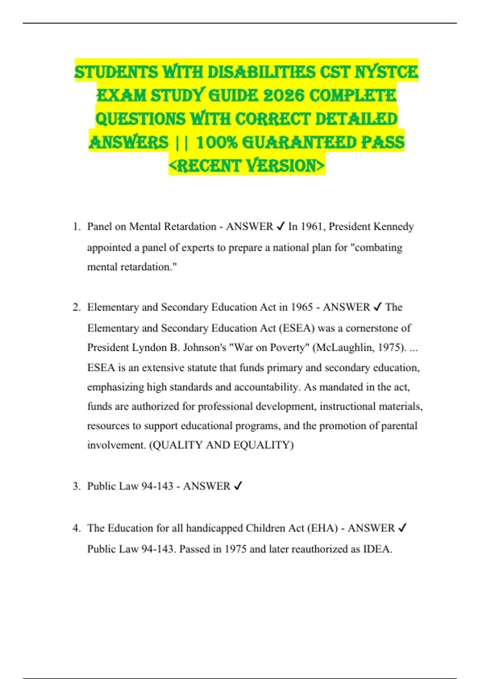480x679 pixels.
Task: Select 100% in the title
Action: (x=217, y=143)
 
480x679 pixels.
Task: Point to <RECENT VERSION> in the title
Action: (x=247, y=165)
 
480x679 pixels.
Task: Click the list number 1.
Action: (x=76, y=227)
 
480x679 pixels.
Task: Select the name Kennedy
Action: (x=393, y=226)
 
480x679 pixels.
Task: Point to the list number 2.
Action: (x=76, y=307)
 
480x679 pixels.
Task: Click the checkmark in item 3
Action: (x=238, y=486)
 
